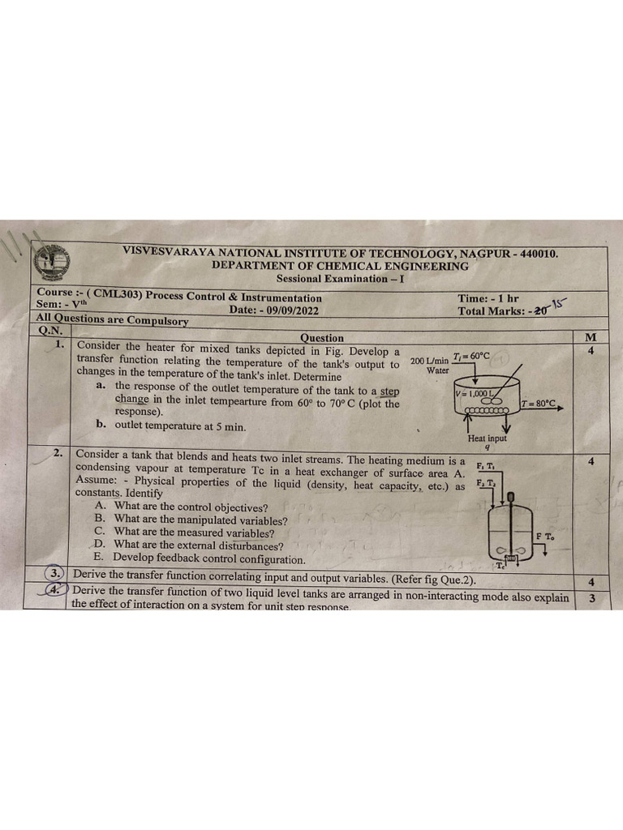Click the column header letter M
point(590,336)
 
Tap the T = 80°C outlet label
point(539,403)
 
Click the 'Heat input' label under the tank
point(487,439)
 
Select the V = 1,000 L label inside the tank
point(475,393)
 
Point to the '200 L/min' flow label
point(428,361)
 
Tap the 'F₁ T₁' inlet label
point(487,466)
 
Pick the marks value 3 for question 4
point(591,599)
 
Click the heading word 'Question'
point(321,337)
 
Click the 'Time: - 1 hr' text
point(488,298)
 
